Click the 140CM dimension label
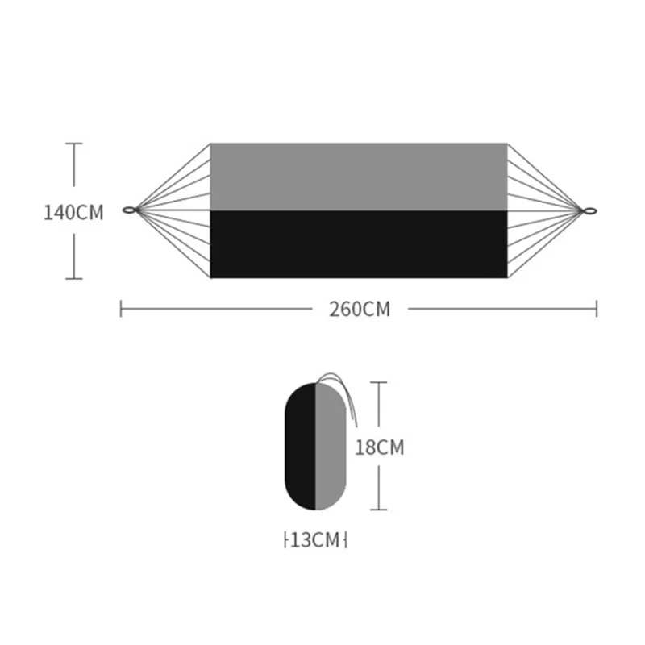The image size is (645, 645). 73,213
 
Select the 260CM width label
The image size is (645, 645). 360,309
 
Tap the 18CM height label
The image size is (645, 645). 379,447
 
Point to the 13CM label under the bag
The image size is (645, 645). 315,539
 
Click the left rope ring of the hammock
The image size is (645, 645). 130,210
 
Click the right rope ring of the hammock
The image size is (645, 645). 589,211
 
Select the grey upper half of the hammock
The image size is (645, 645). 359,177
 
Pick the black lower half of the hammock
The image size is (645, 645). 359,244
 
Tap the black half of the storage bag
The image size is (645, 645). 300,447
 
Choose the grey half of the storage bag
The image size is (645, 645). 331,447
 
